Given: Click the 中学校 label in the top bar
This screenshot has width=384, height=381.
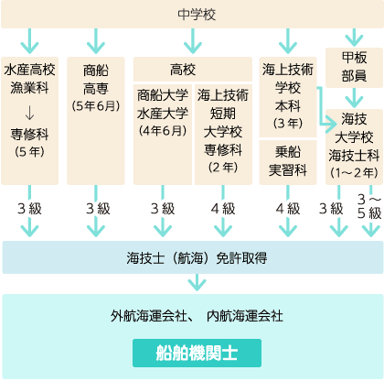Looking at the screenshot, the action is click(x=197, y=15).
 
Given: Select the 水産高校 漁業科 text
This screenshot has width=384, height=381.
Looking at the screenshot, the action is click(x=29, y=79).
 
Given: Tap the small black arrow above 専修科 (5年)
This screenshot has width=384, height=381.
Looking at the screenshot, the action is click(x=29, y=113).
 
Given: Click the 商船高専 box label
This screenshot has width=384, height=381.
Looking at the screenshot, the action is click(x=96, y=80).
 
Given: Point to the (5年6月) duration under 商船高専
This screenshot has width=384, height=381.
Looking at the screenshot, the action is click(x=96, y=106).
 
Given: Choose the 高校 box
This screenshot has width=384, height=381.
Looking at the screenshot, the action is click(x=193, y=70).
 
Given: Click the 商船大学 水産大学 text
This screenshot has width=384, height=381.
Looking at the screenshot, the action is click(x=163, y=104).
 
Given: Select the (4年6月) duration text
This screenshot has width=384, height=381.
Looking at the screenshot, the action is click(x=163, y=131).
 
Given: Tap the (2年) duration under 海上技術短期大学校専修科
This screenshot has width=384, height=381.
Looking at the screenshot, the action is click(x=223, y=168).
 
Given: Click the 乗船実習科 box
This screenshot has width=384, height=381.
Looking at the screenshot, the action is click(x=288, y=162).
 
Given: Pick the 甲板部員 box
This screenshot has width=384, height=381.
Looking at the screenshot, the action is click(x=354, y=68).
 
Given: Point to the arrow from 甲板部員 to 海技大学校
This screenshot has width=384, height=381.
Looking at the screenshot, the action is click(x=354, y=97).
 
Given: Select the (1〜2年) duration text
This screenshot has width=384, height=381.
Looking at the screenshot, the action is click(x=354, y=173).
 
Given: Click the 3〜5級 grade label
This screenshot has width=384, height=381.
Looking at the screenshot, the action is click(x=369, y=206).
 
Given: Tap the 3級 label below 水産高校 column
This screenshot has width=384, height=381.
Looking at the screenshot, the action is click(x=29, y=209).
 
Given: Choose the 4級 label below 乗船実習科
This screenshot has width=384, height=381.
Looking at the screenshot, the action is click(x=288, y=209).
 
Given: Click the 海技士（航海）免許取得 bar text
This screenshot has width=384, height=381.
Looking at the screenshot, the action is click(x=197, y=258).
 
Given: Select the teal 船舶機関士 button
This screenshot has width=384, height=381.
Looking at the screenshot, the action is click(x=197, y=353).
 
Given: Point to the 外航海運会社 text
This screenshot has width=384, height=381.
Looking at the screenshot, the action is click(x=148, y=316).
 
